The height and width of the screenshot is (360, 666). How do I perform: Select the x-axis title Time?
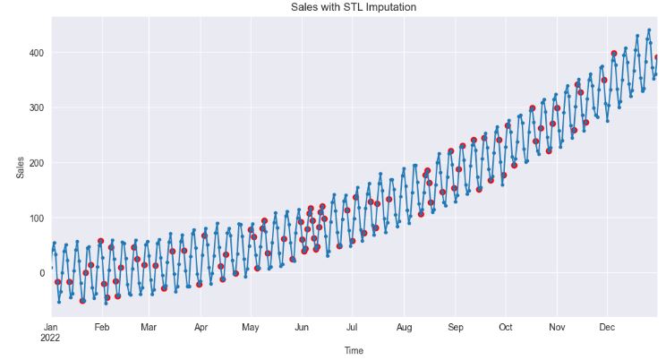click(x=354, y=351)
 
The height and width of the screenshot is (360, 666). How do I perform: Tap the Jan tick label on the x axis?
click(x=51, y=328)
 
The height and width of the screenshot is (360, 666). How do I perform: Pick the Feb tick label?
click(x=102, y=328)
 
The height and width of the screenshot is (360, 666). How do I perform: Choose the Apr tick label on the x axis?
click(x=201, y=328)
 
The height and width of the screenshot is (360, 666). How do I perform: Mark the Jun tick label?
click(x=303, y=328)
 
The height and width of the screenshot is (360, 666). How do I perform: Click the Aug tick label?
click(x=405, y=328)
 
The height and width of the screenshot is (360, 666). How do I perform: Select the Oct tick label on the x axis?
click(x=506, y=328)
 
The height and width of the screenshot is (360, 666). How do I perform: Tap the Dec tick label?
click(x=608, y=328)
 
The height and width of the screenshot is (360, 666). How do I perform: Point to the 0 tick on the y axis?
click(x=39, y=273)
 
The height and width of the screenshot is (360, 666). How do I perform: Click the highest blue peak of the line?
click(x=649, y=30)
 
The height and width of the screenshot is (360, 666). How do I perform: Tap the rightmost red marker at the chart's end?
click(x=657, y=57)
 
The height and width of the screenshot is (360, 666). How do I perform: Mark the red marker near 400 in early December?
click(x=614, y=54)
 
